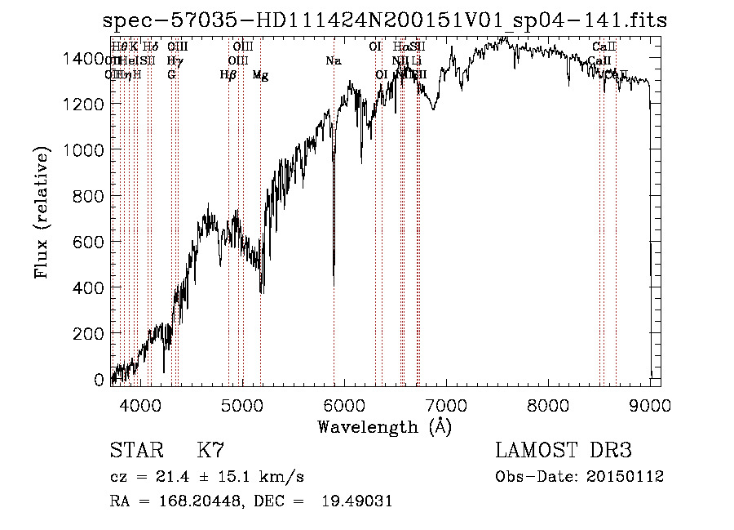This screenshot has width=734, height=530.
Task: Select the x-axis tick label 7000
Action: point(446,404)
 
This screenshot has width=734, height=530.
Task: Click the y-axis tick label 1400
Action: point(84,58)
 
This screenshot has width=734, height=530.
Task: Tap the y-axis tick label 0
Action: point(99,380)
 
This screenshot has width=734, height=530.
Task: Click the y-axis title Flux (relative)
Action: point(41,214)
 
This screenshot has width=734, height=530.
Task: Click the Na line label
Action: point(333,60)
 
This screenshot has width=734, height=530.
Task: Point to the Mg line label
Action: point(260,75)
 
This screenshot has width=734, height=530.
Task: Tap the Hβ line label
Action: point(228,75)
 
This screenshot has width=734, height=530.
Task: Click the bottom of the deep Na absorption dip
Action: point(334,283)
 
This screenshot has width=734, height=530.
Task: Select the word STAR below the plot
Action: point(135,450)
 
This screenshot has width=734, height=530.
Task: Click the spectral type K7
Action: point(210,450)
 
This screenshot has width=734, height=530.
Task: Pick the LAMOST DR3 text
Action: point(564,450)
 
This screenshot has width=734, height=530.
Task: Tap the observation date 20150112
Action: point(630,476)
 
